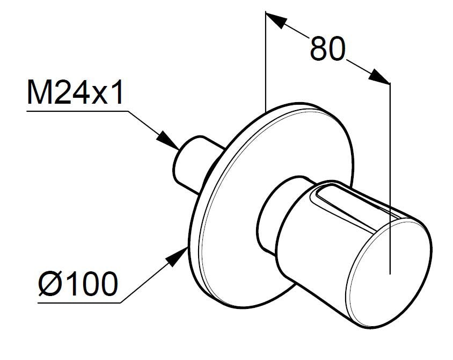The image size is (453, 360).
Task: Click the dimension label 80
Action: click(327, 49)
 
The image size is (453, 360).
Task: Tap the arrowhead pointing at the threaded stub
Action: click(167, 141)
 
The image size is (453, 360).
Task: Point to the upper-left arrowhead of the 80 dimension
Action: click(276, 20)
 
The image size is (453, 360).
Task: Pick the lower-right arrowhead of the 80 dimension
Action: click(379, 76)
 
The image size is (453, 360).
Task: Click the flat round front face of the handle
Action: click(390, 273)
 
